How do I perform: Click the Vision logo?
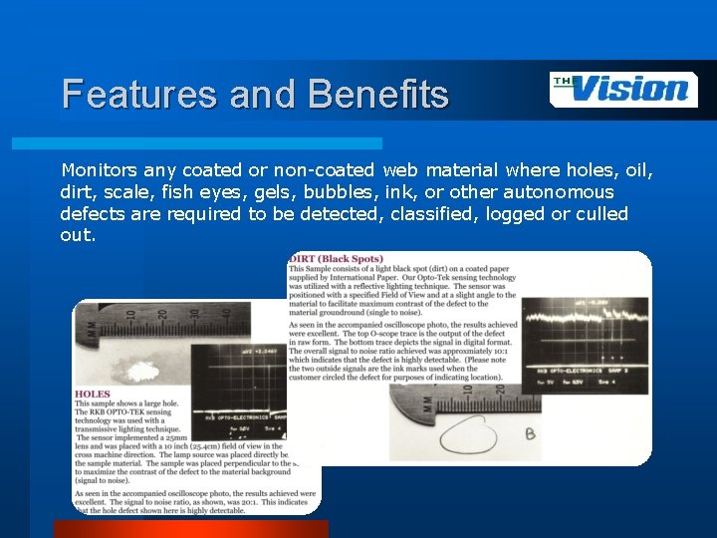coord(623,89)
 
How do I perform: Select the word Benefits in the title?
coord(378,95)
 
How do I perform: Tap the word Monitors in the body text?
coord(100,170)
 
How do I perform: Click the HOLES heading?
coord(93,395)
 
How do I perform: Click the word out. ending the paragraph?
coord(78,236)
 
